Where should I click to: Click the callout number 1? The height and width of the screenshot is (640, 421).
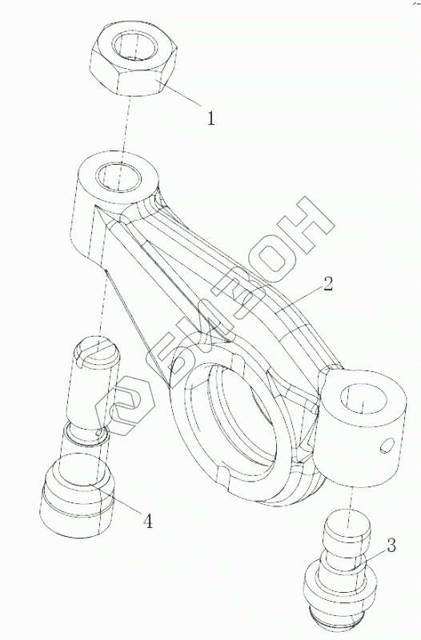[210, 118]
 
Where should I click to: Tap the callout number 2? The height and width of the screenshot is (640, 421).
[328, 284]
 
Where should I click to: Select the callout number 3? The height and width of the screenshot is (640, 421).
[391, 546]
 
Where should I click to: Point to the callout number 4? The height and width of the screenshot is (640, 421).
[147, 521]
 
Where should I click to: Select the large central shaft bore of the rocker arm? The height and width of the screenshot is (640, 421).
[238, 421]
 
